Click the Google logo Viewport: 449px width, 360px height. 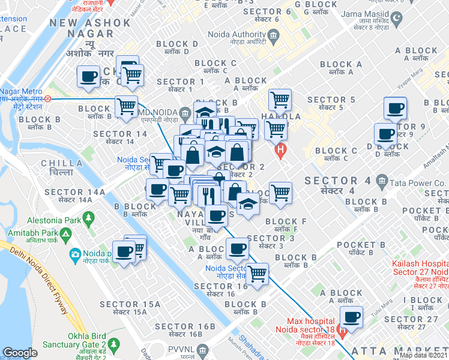point(20,353)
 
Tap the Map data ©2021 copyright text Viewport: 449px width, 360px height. point(423,355)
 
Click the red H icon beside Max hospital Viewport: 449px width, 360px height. point(342,330)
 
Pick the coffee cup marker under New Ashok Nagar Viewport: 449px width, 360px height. point(89,77)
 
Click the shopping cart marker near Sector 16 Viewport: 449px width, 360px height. point(258,274)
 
